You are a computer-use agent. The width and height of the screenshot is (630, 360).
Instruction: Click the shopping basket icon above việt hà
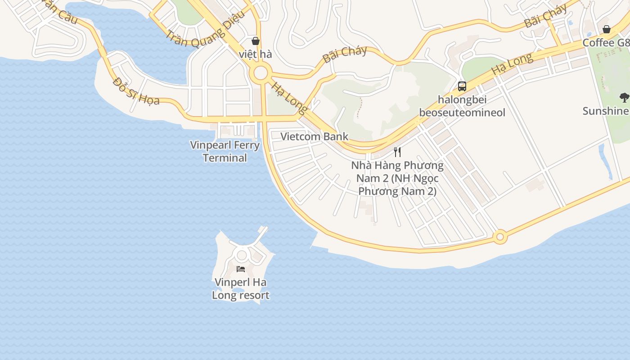tap(256, 41)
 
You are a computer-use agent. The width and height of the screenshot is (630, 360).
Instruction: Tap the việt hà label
tap(256, 54)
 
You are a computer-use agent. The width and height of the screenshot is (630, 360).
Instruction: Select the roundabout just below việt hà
tap(260, 74)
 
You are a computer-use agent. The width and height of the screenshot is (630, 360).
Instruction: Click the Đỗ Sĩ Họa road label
tap(136, 91)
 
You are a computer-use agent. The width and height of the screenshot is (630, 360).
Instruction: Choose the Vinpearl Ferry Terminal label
tap(225, 151)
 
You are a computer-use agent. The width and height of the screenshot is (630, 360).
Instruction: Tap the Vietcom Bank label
tap(314, 136)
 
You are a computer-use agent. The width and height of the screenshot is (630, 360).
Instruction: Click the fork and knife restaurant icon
tap(397, 152)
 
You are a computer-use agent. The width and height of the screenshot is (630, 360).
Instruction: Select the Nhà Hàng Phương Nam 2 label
tap(397, 178)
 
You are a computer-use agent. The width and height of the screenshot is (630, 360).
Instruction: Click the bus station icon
tap(462, 86)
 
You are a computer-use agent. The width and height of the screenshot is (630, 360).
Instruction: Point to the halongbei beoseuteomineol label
tap(462, 106)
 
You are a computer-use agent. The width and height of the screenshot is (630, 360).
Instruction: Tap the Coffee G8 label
tap(606, 43)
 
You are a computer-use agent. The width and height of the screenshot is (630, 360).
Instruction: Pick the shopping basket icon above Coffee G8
tap(607, 30)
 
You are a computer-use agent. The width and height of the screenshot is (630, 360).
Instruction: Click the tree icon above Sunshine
tap(624, 97)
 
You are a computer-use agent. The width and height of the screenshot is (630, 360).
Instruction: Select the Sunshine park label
tap(606, 111)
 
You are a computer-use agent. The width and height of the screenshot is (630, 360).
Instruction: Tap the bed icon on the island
tap(241, 269)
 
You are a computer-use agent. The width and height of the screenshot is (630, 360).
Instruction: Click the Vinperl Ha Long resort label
tap(241, 289)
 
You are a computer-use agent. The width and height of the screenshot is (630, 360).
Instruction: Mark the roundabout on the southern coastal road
tap(499, 236)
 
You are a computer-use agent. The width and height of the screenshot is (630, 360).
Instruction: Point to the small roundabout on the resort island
tap(242, 255)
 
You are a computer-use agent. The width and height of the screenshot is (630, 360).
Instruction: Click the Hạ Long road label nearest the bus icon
tap(512, 64)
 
